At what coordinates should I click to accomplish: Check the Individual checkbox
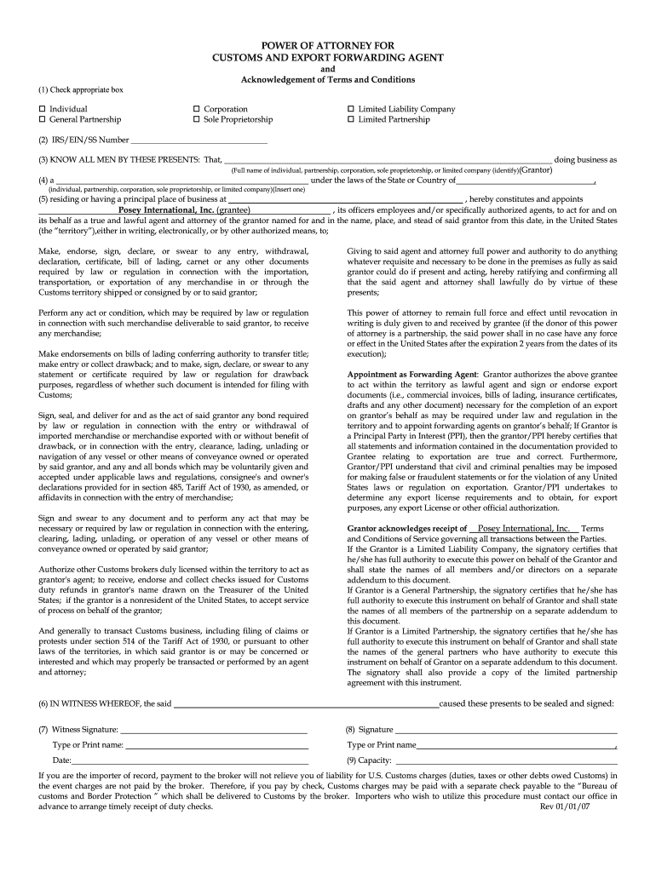tap(42, 109)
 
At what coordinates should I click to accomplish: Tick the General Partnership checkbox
tap(42, 120)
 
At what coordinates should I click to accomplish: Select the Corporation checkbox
tap(196, 109)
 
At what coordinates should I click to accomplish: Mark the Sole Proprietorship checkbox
tap(196, 120)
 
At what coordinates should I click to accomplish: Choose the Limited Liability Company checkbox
tap(350, 109)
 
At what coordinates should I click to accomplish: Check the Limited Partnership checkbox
tap(350, 120)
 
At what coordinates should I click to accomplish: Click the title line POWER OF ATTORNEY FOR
tap(327, 45)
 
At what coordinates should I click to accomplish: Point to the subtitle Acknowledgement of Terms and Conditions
tap(327, 79)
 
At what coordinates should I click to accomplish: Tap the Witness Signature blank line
tap(213, 730)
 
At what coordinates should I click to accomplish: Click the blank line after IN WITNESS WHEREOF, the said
tap(307, 703)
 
